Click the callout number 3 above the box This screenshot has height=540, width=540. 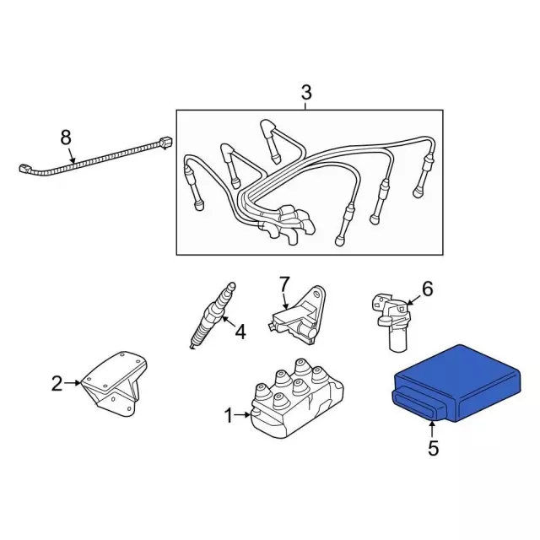(306, 92)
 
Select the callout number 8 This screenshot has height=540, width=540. (66, 138)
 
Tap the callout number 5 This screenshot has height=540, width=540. (433, 448)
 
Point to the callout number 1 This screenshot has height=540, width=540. (229, 415)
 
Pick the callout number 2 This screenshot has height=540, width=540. (57, 383)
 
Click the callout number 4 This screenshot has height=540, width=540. (240, 332)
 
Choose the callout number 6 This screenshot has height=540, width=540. (428, 289)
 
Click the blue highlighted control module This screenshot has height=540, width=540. (456, 383)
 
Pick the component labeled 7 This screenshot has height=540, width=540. (297, 315)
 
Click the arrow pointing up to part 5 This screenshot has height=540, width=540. (431, 429)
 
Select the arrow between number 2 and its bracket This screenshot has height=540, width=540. (73, 382)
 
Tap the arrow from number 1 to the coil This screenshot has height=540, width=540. (242, 415)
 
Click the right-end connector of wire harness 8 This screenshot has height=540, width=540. (165, 143)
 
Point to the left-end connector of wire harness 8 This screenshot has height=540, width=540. (25, 170)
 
